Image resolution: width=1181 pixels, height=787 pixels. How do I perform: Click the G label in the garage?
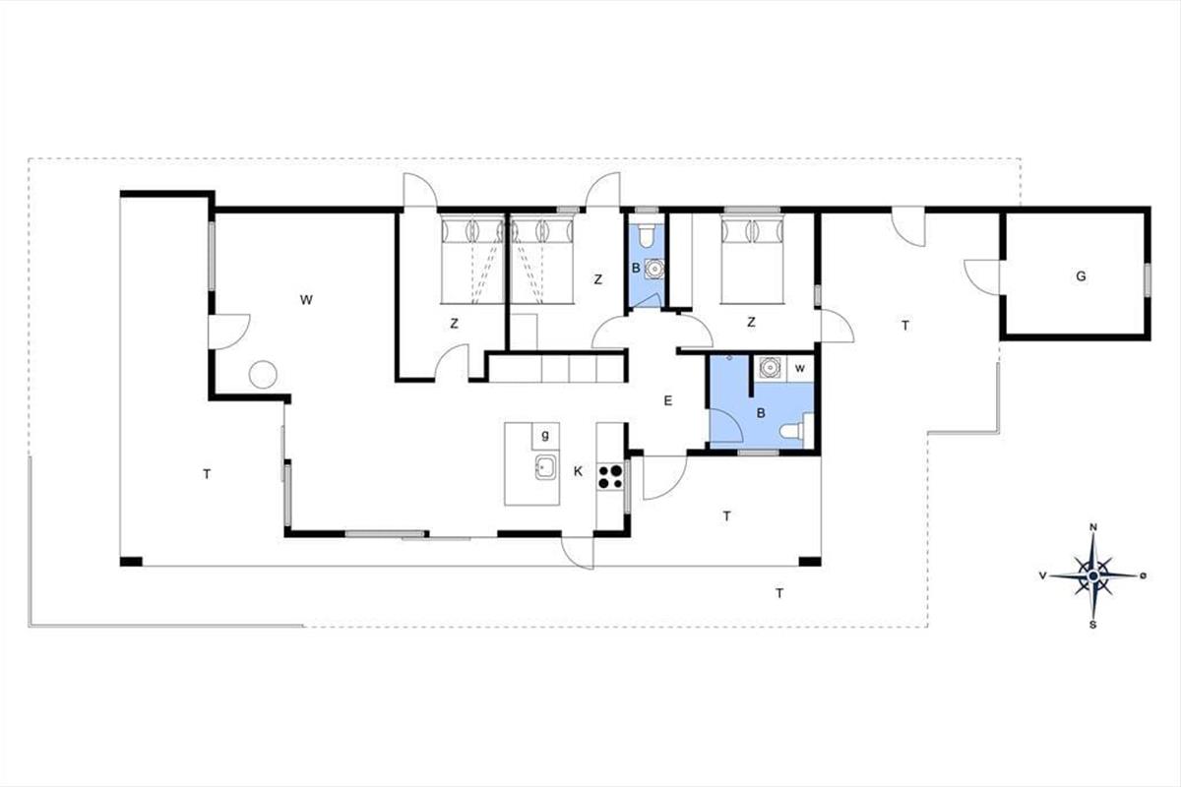click(x=1081, y=276)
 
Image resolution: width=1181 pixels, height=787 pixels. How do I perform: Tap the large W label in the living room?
click(x=306, y=300)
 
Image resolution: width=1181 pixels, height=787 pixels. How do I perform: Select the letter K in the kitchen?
click(x=578, y=471)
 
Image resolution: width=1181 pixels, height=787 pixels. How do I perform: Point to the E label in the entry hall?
click(x=667, y=400)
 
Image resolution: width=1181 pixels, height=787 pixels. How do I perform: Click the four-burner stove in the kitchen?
click(x=610, y=476)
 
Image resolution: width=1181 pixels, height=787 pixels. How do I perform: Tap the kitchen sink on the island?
click(x=545, y=466)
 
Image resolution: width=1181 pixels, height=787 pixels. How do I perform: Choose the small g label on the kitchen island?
click(x=545, y=435)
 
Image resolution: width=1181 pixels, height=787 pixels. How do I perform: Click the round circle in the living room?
click(x=263, y=375)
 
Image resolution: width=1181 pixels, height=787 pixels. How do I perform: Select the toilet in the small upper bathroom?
click(x=646, y=236)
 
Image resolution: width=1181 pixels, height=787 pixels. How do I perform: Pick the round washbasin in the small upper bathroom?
click(x=653, y=269)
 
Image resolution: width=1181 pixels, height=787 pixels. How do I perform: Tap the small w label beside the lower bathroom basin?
click(x=800, y=368)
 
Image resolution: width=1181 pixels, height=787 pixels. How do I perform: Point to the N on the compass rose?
click(x=1094, y=527)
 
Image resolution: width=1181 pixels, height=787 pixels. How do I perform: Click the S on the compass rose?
click(x=1093, y=625)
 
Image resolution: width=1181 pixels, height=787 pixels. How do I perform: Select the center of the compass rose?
click(x=1093, y=575)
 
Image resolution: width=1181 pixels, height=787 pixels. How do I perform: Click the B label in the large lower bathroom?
click(x=760, y=413)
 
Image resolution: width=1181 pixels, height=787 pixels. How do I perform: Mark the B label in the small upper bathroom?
click(x=636, y=268)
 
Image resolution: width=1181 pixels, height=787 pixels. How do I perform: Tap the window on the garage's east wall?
click(x=1147, y=279)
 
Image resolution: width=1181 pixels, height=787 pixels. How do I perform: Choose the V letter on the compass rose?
click(x=1042, y=575)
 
